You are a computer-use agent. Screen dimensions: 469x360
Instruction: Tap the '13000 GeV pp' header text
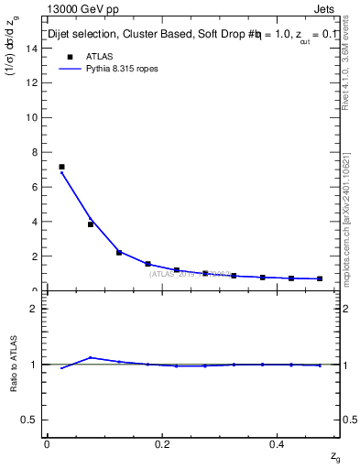point(83,9)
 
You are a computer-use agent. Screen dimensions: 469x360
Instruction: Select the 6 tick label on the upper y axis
point(36,187)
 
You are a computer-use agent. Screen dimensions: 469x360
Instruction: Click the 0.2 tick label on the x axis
point(162,444)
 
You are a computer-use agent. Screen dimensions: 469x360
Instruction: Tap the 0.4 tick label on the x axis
point(278,444)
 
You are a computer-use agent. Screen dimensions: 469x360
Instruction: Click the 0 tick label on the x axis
point(47,444)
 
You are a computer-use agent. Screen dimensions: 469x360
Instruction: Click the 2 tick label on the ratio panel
point(36,309)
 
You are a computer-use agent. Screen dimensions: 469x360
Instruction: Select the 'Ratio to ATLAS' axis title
point(13,364)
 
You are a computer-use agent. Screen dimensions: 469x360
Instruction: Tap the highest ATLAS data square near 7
point(61,167)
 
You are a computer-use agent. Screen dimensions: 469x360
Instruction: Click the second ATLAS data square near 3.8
point(91,224)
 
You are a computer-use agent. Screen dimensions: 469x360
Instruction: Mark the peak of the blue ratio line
point(91,357)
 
